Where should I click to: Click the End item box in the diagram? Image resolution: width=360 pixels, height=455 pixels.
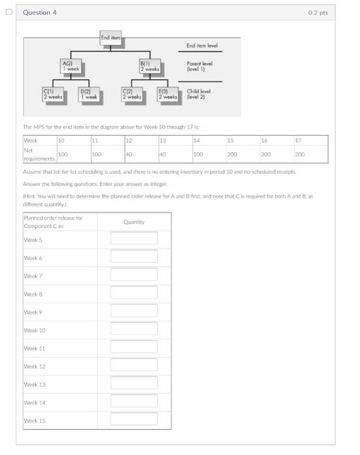[x=109, y=38]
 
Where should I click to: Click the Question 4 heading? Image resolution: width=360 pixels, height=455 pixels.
[x=40, y=12]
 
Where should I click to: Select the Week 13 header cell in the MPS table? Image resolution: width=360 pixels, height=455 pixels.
[x=163, y=140]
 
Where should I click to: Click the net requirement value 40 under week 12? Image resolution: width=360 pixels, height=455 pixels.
[x=129, y=155]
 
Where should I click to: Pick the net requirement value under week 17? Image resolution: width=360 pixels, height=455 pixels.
[x=300, y=155]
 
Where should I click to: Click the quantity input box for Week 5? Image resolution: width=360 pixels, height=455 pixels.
[x=134, y=239]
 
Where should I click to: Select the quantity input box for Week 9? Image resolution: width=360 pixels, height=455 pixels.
[x=134, y=311]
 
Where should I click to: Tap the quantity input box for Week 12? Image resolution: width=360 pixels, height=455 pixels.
[x=134, y=366]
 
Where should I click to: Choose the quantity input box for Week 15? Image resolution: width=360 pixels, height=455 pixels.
[x=134, y=420]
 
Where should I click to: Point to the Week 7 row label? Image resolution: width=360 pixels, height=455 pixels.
[x=33, y=276]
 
